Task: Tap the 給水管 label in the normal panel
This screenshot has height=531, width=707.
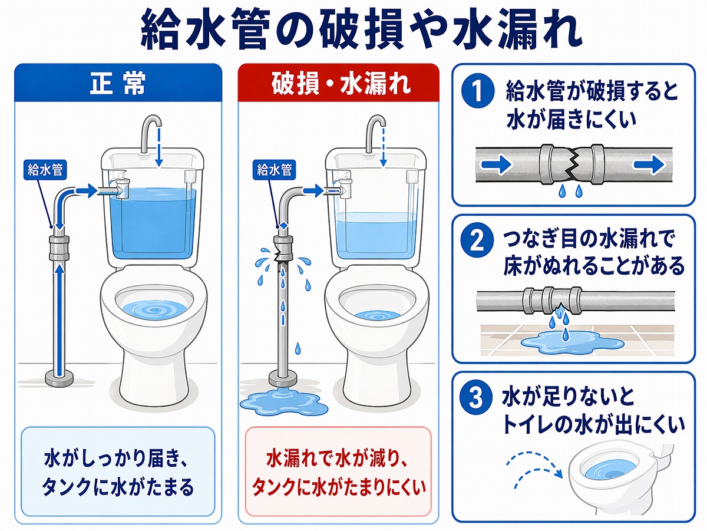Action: [46, 170]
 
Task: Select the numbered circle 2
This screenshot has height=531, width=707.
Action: [476, 242]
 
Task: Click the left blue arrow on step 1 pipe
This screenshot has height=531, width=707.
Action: [500, 165]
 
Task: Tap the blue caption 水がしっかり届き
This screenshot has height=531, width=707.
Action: [118, 459]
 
